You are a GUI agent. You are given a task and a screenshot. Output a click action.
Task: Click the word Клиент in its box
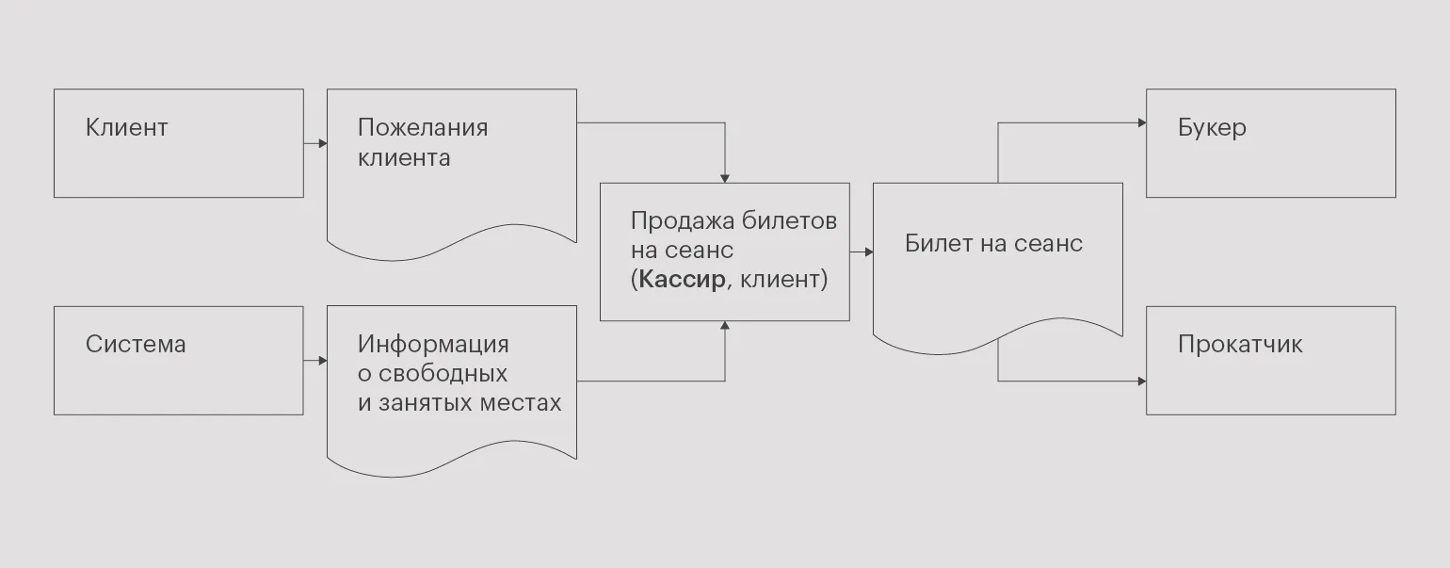tap(126, 127)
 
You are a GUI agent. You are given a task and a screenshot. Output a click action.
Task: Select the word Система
tap(136, 344)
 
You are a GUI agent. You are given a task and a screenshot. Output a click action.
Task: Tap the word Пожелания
tap(423, 127)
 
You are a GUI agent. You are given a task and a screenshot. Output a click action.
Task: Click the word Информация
tap(433, 344)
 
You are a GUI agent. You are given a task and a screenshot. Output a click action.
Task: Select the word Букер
tap(1212, 127)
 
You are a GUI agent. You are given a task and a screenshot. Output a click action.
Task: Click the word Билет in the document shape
tap(936, 243)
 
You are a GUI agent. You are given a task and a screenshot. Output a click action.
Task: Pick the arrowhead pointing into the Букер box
tap(1141, 122)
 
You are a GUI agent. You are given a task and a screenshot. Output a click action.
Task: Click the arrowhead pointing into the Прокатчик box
tap(1141, 381)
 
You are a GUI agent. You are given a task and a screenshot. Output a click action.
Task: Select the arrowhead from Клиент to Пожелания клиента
tap(322, 143)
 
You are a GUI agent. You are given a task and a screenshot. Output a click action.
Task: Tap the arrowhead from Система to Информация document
tap(322, 360)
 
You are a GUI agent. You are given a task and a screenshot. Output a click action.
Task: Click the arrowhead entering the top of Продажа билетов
tap(725, 178)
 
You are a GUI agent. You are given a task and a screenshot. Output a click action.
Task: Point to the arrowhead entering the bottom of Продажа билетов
tap(725, 326)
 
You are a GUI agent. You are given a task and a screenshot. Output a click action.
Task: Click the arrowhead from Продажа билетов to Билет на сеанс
tap(868, 252)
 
